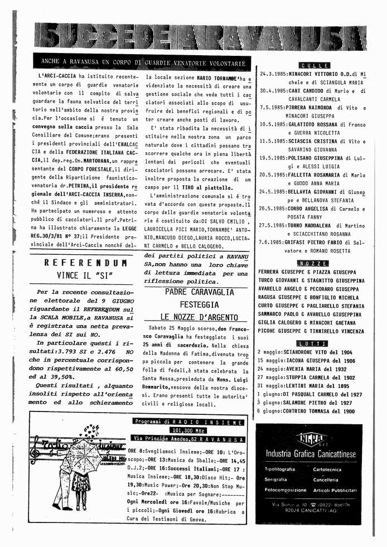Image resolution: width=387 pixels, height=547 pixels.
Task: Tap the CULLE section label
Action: pos(315,65)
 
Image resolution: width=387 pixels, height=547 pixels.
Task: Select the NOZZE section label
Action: pos(315,263)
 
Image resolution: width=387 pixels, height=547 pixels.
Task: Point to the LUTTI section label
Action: pos(315,343)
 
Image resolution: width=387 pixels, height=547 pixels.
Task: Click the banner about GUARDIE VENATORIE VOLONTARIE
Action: pos(143,62)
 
